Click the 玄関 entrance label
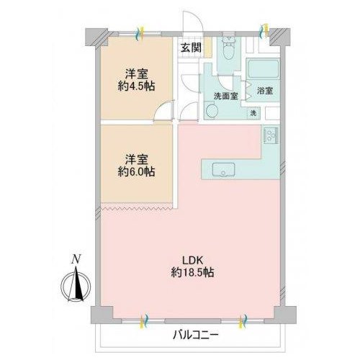click(x=191, y=48)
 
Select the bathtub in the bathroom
click(x=264, y=69)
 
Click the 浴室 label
click(x=265, y=91)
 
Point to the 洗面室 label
click(x=226, y=96)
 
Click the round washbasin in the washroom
click(x=212, y=111)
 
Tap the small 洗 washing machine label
click(x=253, y=113)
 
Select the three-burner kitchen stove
click(x=271, y=135)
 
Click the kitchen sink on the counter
click(x=223, y=170)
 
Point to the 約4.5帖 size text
click(x=136, y=86)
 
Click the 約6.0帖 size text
click(x=136, y=172)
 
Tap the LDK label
click(x=193, y=260)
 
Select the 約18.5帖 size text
click(x=192, y=273)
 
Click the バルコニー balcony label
click(x=196, y=335)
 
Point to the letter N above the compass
click(x=76, y=259)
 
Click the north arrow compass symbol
click(x=76, y=286)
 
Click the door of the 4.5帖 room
click(x=163, y=110)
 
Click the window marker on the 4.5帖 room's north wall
click(x=140, y=33)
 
